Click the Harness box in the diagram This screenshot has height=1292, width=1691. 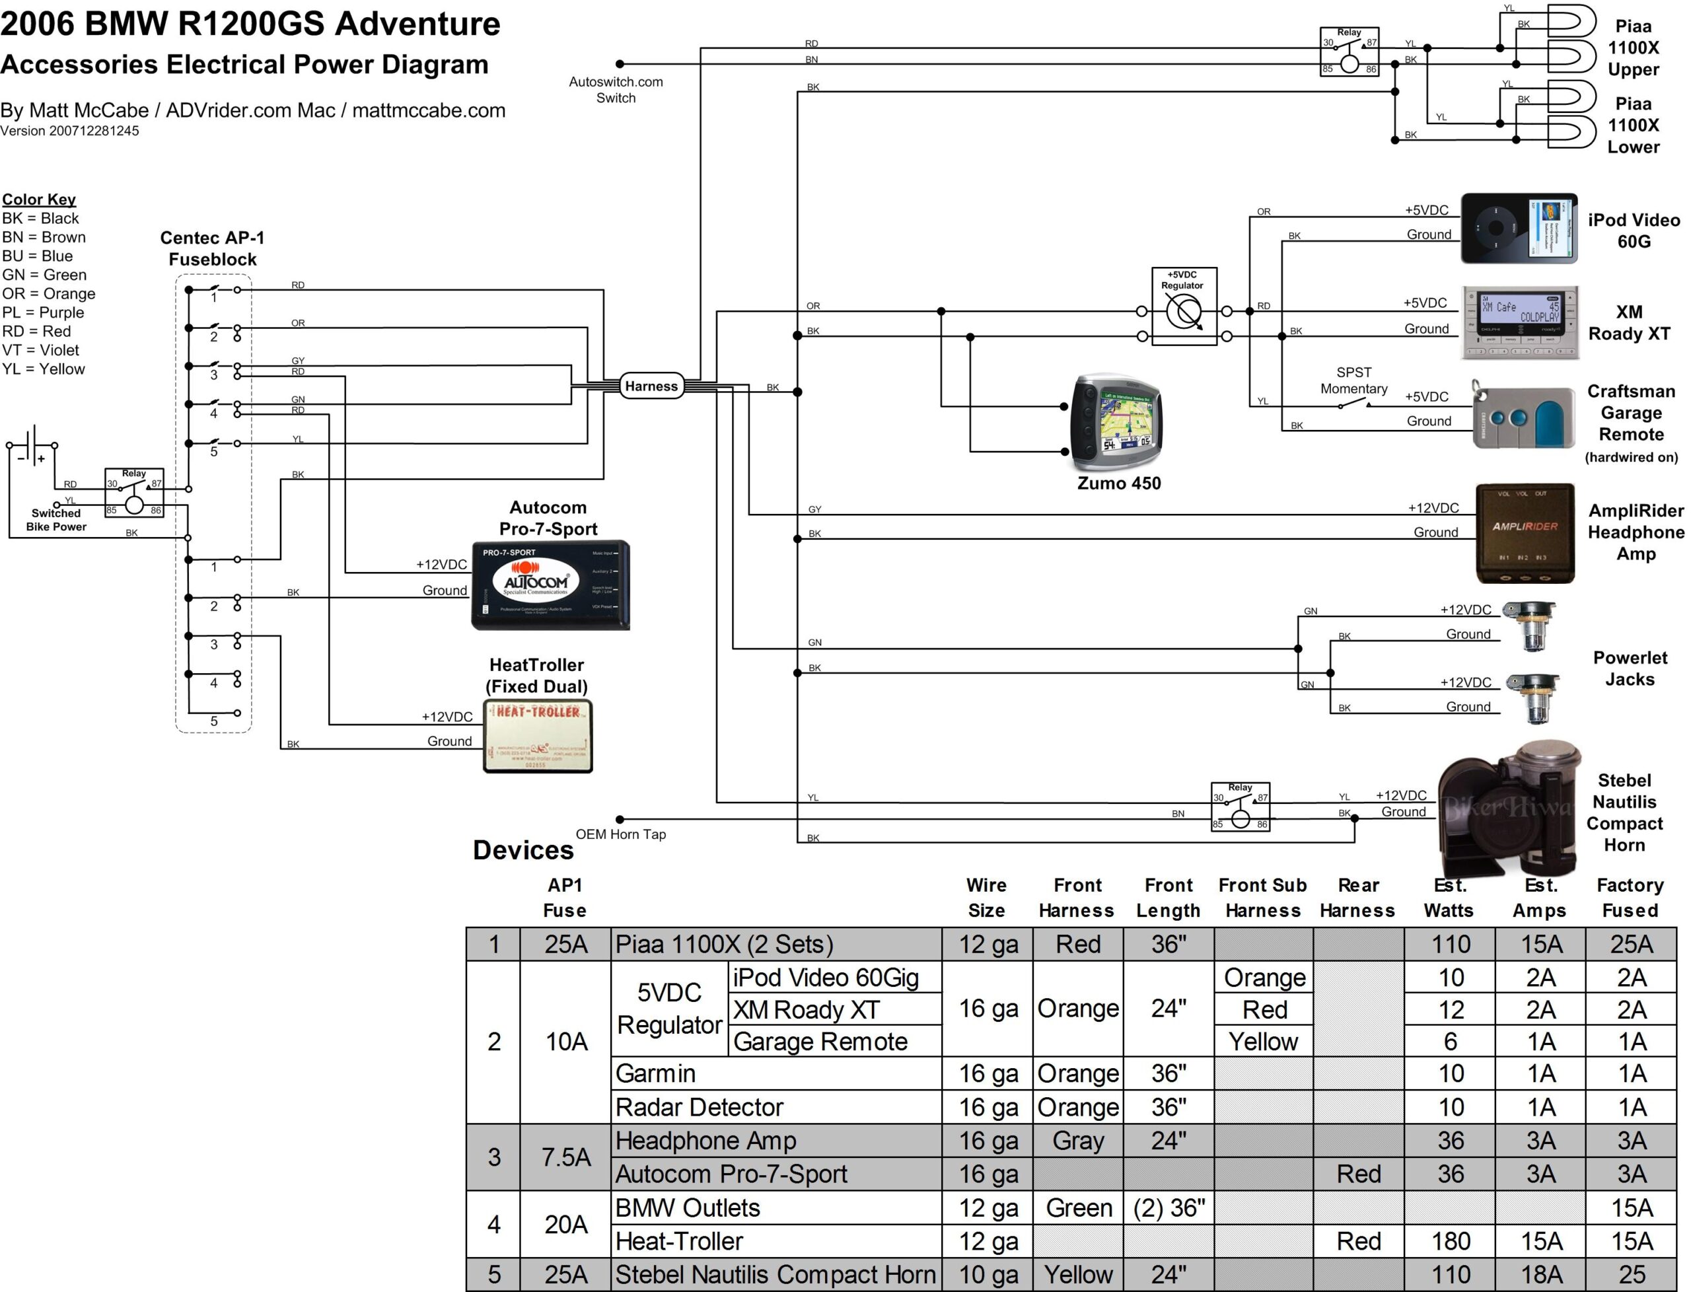(651, 386)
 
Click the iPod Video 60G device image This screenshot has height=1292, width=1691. (1518, 229)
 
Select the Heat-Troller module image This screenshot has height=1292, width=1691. (538, 735)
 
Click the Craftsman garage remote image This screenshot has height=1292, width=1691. (1523, 417)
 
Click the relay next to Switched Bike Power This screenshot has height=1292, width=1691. (134, 493)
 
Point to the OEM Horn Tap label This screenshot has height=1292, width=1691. (620, 834)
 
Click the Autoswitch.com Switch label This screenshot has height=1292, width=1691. (615, 89)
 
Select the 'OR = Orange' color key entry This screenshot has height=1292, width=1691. (48, 294)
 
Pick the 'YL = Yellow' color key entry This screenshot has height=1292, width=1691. (43, 369)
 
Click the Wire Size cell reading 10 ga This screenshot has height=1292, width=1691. (988, 1274)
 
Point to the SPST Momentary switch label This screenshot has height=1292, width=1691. (1353, 380)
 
